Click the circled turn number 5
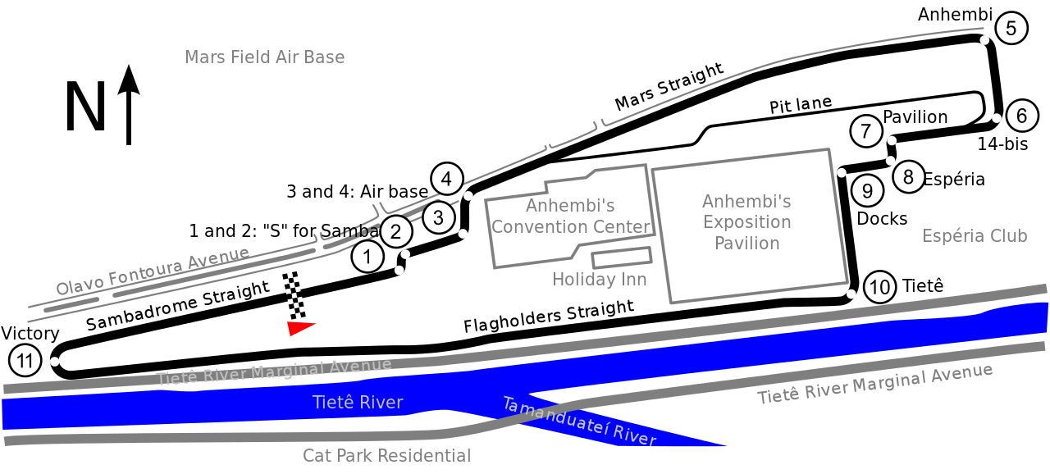[x=1011, y=28]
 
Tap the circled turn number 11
[x=25, y=361]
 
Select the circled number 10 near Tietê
[x=879, y=287]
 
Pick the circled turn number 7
[x=865, y=130]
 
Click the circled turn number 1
[x=367, y=257]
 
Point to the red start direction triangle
[x=300, y=328]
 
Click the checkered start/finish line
[x=294, y=295]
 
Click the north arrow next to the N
[x=129, y=104]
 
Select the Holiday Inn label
[x=599, y=279]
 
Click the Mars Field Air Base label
[x=264, y=57]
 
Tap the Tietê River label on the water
[x=358, y=403]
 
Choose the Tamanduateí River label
[x=579, y=422]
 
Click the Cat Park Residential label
[x=386, y=455]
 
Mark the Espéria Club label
[x=975, y=235]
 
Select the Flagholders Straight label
[x=549, y=316]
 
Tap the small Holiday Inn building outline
[x=622, y=258]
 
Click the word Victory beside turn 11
[x=30, y=334]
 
